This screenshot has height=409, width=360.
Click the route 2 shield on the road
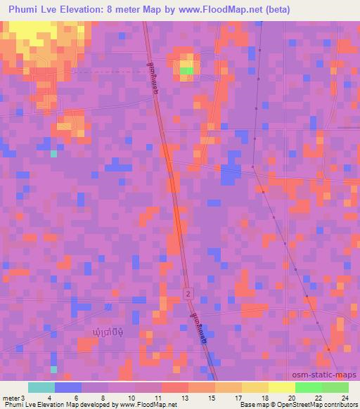pyautogui.click(x=188, y=292)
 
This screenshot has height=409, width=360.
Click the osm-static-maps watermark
pyautogui.click(x=326, y=375)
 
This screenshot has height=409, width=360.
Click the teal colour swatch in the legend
pyautogui.click(x=41, y=387)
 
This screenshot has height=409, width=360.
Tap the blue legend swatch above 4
pyautogui.click(x=68, y=387)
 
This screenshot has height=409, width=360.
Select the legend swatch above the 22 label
pyautogui.click(x=309, y=387)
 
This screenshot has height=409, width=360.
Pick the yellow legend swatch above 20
pyautogui.click(x=282, y=387)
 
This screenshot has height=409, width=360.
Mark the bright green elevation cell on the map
pyautogui.click(x=186, y=70)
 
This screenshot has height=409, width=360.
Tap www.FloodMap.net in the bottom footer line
pyautogui.click(x=144, y=405)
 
